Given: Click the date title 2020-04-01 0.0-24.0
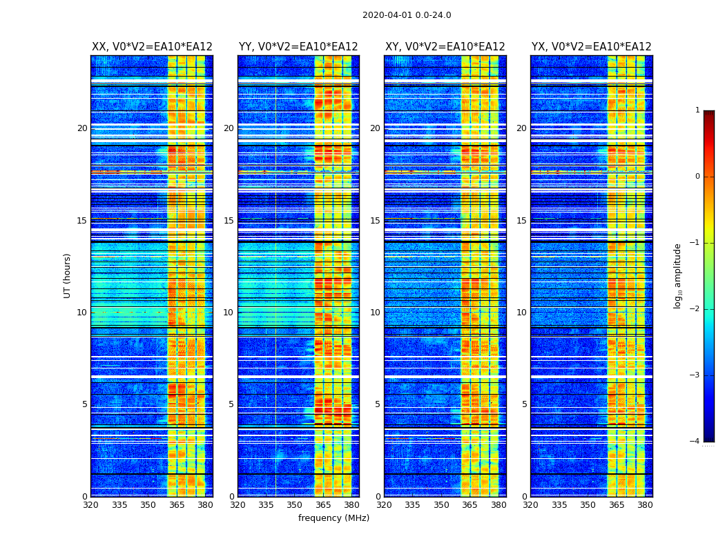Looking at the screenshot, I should point(407,15).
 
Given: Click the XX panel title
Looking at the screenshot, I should point(152,47).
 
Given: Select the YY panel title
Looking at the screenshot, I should point(298,47).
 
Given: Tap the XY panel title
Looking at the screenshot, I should point(445,47).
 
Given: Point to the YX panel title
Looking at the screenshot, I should point(591,47).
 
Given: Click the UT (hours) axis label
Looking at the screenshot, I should point(68,275).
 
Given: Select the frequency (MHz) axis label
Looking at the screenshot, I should point(333,518).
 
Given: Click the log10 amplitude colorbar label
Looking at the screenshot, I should point(678,275).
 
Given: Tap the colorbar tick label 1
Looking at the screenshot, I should point(697,110).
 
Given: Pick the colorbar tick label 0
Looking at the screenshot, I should point(697,177).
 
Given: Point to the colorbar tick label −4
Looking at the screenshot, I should point(695,442).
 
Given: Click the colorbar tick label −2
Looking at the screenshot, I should point(695,309).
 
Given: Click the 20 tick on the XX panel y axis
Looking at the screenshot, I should point(82,128).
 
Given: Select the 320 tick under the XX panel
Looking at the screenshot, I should point(90,505).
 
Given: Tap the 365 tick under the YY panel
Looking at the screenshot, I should point(323,505).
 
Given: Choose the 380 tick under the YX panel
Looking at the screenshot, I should point(645,505).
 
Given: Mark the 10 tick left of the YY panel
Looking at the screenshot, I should point(229,313).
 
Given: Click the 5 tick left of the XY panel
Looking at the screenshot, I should point(378,404).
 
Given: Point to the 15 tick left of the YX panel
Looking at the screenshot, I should point(522,221).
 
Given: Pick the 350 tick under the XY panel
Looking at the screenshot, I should point(441,505).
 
